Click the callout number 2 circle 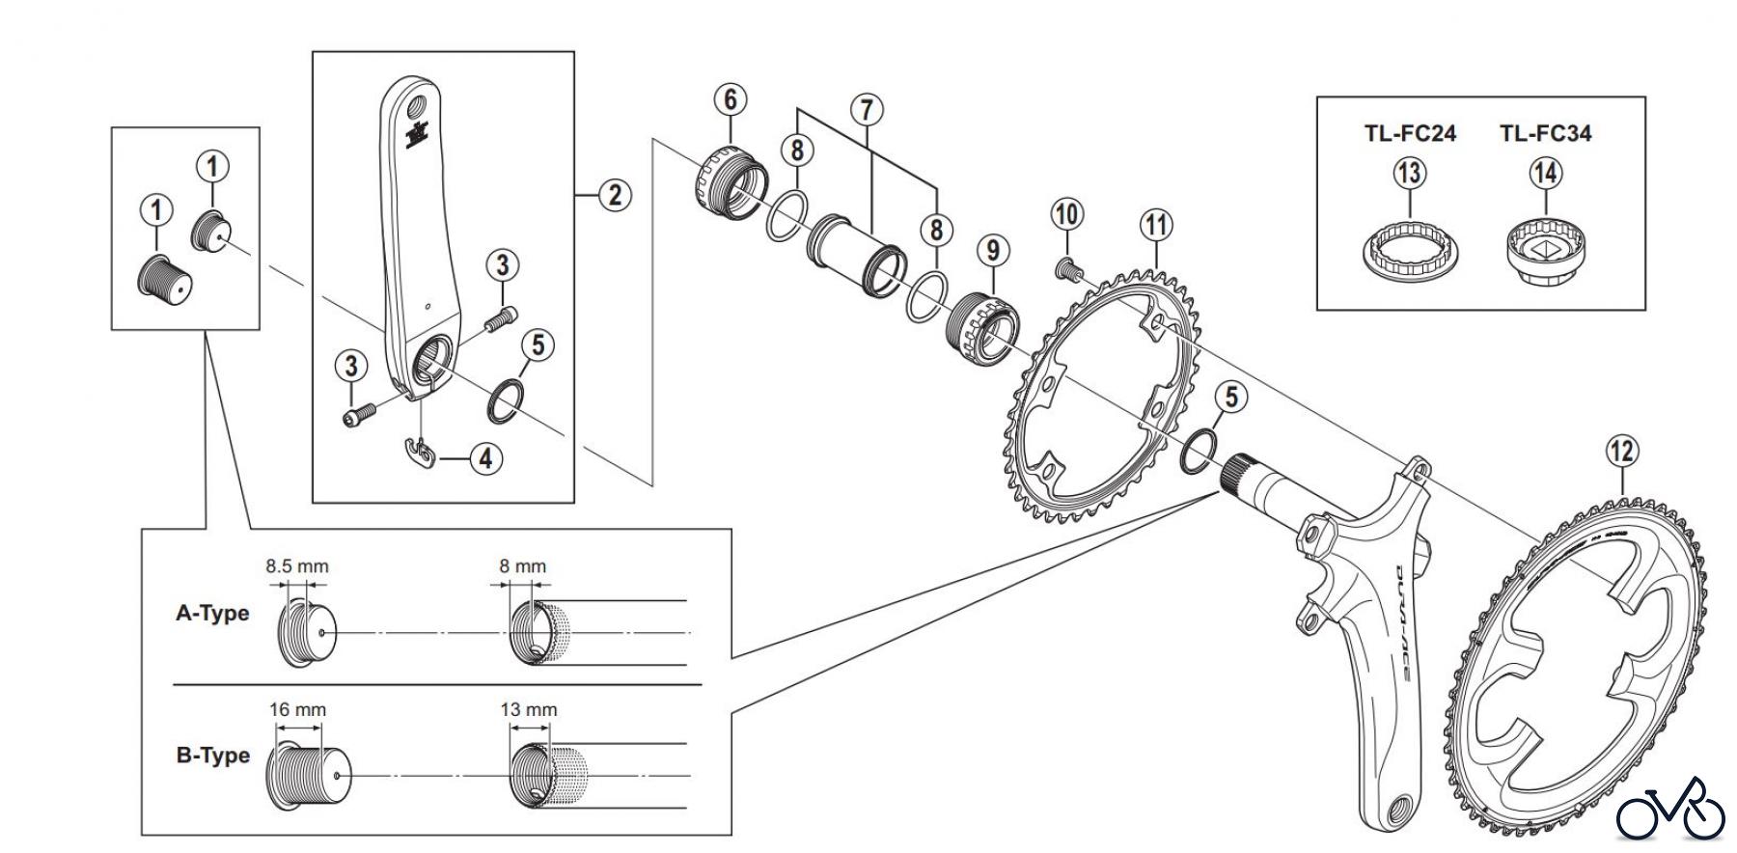coord(615,195)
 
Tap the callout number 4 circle coord(485,458)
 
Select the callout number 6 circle coord(730,99)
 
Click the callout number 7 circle coord(867,110)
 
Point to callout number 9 coord(993,251)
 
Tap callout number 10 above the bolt coord(1066,214)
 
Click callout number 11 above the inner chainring coord(1156,226)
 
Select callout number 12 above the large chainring coord(1623,451)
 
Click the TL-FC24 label coord(1410,133)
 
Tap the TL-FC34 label coord(1545,133)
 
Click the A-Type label coord(212,614)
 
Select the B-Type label coord(212,756)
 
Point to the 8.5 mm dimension coord(297,566)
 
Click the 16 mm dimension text coord(297,710)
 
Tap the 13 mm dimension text coord(528,710)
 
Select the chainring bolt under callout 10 coord(1065,268)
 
